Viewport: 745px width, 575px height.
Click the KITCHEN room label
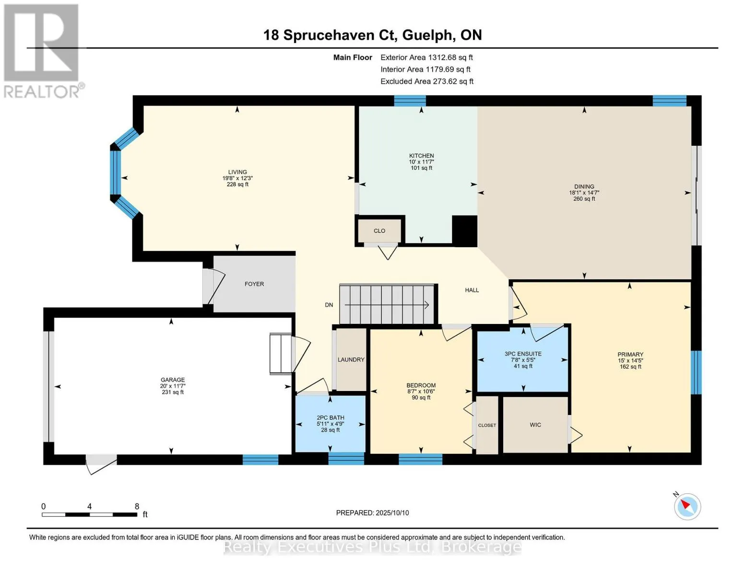pos(421,156)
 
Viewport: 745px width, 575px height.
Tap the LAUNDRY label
pos(351,359)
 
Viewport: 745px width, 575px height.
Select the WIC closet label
pos(535,425)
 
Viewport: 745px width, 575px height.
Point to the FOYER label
pos(254,284)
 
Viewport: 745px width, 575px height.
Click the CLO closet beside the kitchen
pos(379,231)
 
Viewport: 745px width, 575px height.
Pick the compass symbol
pos(687,506)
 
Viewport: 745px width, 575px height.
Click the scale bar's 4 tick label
pos(90,506)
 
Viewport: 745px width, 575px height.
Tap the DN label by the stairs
pos(329,305)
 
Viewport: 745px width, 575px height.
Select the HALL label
pos(472,290)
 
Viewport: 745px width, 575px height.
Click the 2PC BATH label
pos(330,417)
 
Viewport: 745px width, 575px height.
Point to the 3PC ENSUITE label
pos(523,354)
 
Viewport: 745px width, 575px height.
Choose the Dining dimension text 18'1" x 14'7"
pos(584,193)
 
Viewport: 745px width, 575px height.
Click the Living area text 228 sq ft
pos(237,184)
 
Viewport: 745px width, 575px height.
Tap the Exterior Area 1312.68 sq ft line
pos(426,57)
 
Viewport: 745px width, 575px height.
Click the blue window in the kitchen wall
pos(410,101)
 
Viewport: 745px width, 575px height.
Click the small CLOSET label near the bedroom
pos(487,425)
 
